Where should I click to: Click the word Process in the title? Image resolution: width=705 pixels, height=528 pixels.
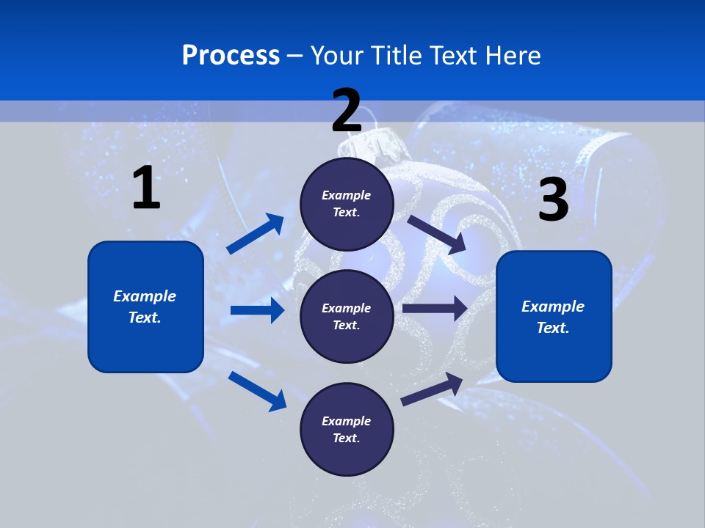[231, 56]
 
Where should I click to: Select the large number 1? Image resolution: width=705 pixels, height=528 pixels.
[146, 188]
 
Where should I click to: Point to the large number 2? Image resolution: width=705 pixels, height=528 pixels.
[347, 111]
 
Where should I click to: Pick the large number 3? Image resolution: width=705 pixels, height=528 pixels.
[553, 200]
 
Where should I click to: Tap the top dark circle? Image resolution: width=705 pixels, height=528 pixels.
[347, 204]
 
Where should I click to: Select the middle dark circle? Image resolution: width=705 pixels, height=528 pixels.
[347, 316]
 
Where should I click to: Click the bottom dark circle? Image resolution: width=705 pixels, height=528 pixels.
[347, 429]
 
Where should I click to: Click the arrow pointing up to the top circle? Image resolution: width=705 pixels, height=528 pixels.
[256, 234]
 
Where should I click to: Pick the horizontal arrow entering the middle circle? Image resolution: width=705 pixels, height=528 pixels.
[257, 310]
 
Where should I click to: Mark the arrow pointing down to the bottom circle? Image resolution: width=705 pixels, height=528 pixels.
[257, 390]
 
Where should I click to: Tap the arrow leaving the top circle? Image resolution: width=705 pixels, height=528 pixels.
[438, 235]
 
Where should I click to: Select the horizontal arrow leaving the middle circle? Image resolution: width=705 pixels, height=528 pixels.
[435, 309]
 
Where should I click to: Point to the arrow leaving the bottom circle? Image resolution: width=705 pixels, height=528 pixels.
[433, 389]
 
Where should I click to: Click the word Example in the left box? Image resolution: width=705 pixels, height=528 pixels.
[145, 296]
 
